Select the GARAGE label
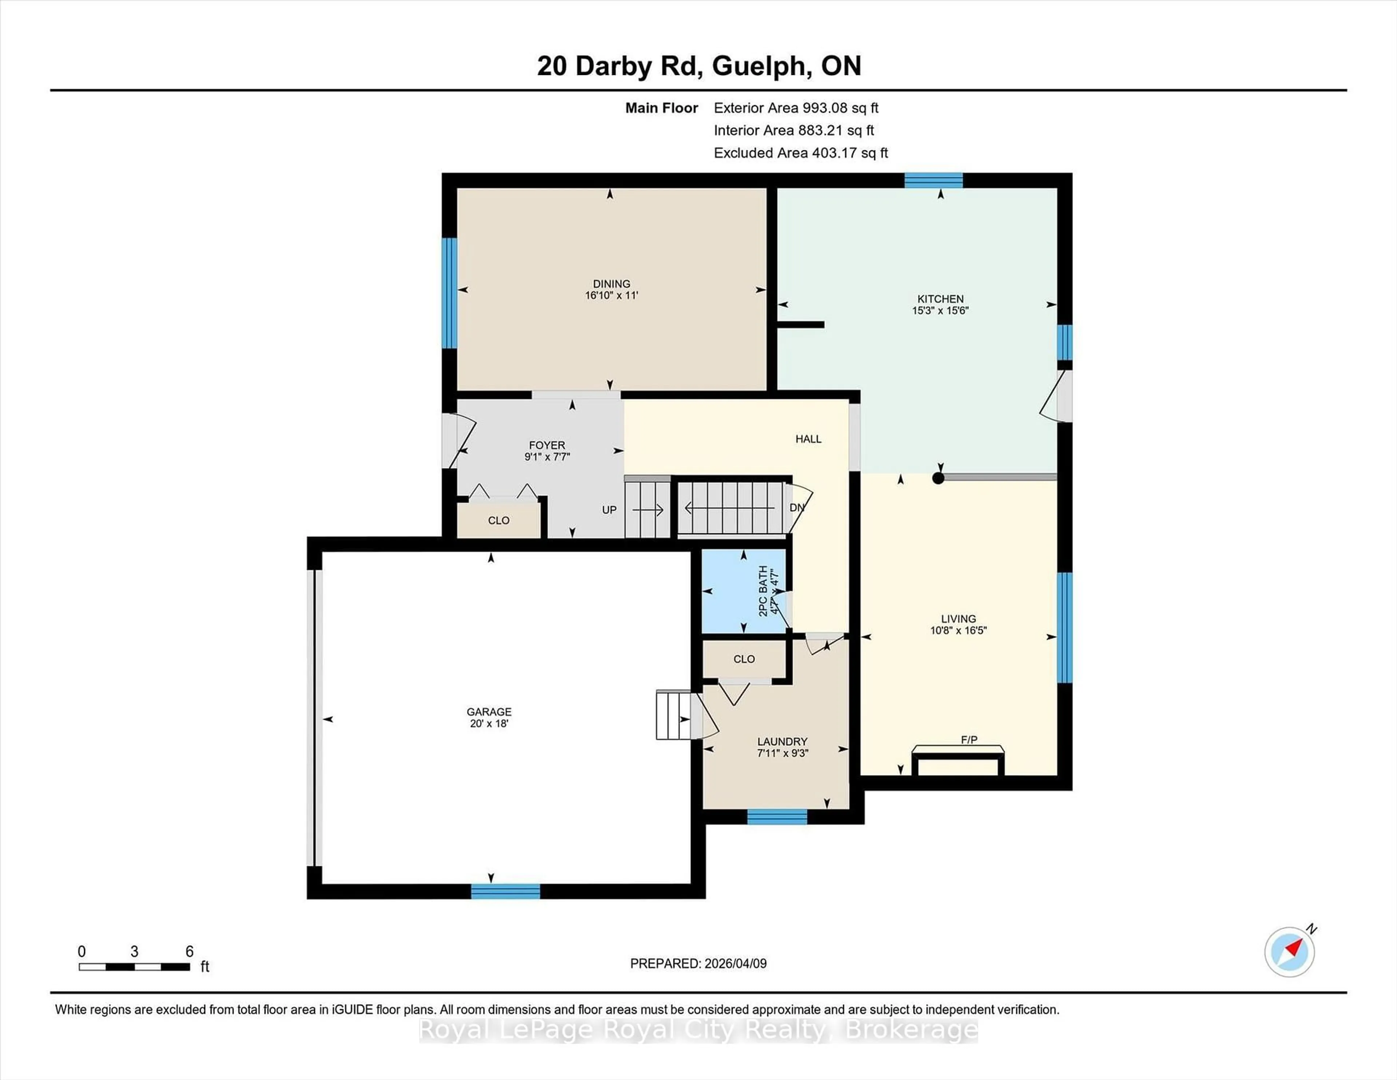pos(489,711)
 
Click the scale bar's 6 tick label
pos(189,952)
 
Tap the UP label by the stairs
pos(609,510)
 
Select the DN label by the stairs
pos(796,507)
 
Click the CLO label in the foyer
pos(498,520)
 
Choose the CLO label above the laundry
pos(744,659)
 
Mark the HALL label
pos(808,439)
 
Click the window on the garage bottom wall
pos(505,891)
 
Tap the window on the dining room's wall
pos(450,293)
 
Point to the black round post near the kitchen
pos(938,478)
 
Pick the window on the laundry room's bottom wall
pos(777,817)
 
